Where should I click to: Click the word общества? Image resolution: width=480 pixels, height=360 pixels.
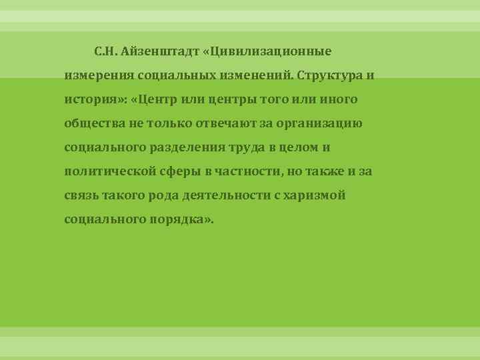click(x=93, y=123)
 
